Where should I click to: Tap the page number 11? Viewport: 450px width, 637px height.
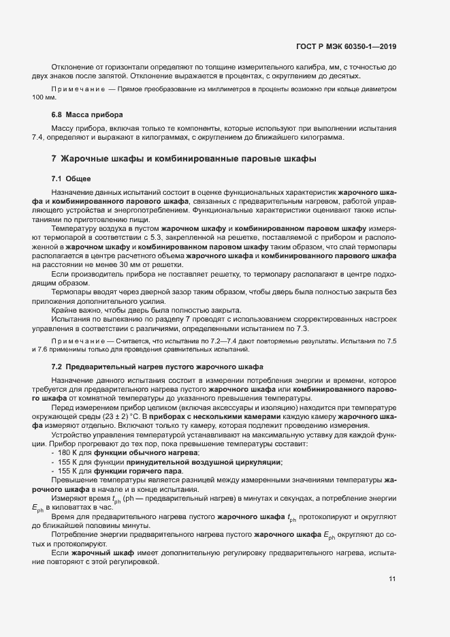[x=392, y=579]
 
